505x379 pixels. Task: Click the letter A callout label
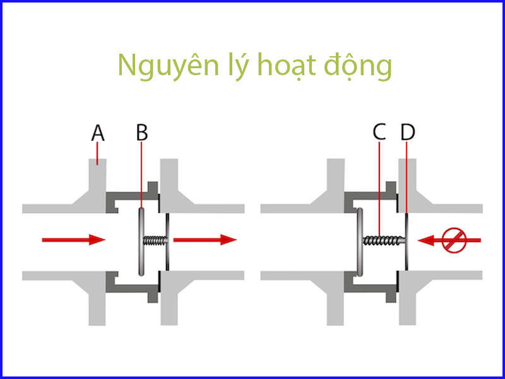pos(97,133)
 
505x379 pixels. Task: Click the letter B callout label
pos(142,133)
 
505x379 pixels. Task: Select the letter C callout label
pos(379,133)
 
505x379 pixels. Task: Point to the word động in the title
pos(357,67)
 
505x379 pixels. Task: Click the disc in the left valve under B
pos(140,240)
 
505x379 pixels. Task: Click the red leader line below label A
pos(97,153)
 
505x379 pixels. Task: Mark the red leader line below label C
pos(378,189)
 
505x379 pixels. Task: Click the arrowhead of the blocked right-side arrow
pos(425,240)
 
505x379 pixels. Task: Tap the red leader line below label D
pos(408,183)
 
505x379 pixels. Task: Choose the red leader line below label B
pos(142,177)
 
